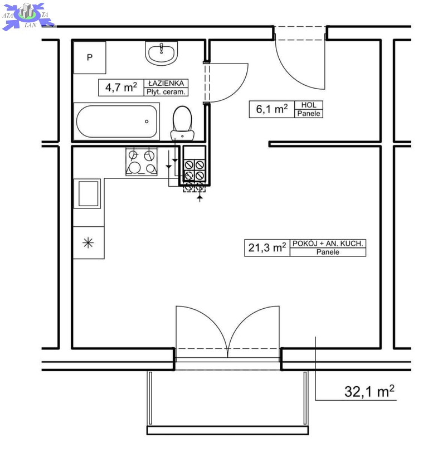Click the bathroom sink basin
pos(162,53)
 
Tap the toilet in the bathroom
pos(182,124)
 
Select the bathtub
pos(116,121)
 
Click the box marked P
pos(90,57)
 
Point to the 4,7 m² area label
pos(121,87)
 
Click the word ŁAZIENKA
pos(166,84)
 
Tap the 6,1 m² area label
pos(272,109)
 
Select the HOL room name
pos(309,105)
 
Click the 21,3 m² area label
pos(267,248)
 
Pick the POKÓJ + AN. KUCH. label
pos(328,244)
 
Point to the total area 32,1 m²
pos(369,391)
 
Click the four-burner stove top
pos(142,162)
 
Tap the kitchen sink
pos(88,193)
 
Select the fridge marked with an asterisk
pos(88,242)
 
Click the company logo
pos(28,16)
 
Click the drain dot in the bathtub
pos(147,121)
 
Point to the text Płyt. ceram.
pos(166,92)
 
